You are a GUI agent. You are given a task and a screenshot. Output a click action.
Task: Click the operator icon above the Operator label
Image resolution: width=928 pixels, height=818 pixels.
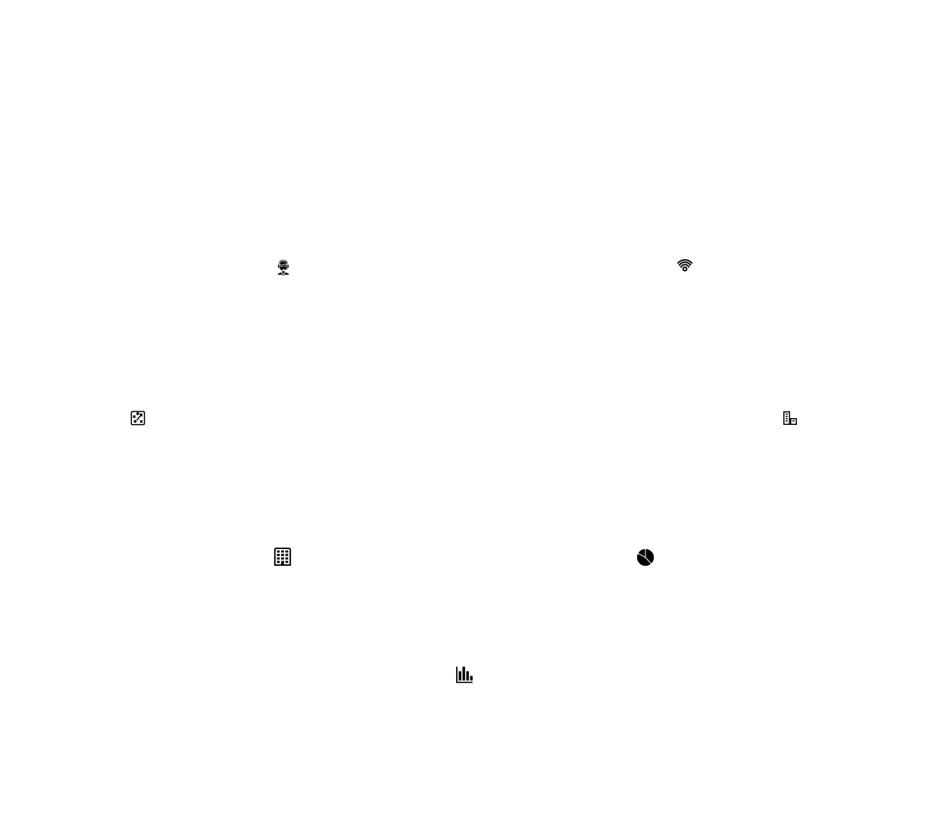coord(283,267)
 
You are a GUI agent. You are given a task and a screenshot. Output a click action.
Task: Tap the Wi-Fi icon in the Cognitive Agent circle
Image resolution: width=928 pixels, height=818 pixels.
coord(684,266)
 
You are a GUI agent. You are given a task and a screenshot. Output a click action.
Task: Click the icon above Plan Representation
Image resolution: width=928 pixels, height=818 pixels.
coord(138,418)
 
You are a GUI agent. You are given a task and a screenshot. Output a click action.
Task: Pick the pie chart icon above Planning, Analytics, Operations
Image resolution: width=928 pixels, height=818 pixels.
coord(645,558)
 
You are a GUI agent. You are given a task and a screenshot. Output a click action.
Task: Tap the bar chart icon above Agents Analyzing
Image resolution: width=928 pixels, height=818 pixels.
coord(464,674)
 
